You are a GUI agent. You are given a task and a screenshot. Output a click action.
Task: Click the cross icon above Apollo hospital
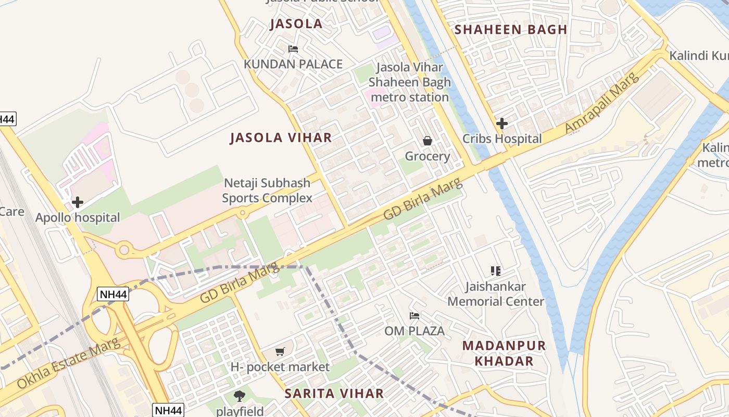pyautogui.click(x=78, y=202)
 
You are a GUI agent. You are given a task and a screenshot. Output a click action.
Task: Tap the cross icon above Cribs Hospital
pyautogui.click(x=502, y=124)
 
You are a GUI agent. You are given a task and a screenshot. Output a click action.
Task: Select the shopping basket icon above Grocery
pyautogui.click(x=427, y=141)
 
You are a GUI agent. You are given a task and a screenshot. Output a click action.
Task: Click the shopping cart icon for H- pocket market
pyautogui.click(x=280, y=351)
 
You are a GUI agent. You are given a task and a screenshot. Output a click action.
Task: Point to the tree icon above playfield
pyautogui.click(x=240, y=396)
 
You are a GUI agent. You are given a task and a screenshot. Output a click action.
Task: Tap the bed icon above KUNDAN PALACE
pyautogui.click(x=293, y=49)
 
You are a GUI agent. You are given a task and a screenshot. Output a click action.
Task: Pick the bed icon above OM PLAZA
pyautogui.click(x=414, y=315)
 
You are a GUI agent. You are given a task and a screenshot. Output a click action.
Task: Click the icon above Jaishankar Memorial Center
pyautogui.click(x=496, y=271)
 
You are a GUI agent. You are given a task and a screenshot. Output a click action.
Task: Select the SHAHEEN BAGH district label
pyautogui.click(x=511, y=30)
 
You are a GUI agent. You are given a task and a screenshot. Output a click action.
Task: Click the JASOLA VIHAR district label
pyautogui.click(x=281, y=138)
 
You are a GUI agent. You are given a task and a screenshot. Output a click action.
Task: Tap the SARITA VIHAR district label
pyautogui.click(x=334, y=394)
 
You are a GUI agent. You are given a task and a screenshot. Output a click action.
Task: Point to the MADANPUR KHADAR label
pyautogui.click(x=504, y=353)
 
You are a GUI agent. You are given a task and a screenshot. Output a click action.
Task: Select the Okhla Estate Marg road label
pyautogui.click(x=68, y=364)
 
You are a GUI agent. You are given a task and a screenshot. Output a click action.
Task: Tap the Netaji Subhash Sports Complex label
pyautogui.click(x=267, y=190)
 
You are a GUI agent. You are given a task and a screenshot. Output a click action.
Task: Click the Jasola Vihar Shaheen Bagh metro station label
pyautogui.click(x=409, y=82)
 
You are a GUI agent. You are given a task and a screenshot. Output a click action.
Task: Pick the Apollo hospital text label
pyautogui.click(x=78, y=217)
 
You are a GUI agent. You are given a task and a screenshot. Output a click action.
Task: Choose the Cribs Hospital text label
pyautogui.click(x=502, y=139)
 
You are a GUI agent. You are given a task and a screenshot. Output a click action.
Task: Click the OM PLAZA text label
pyautogui.click(x=414, y=331)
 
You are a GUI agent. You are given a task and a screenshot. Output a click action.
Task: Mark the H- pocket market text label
pyautogui.click(x=280, y=367)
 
